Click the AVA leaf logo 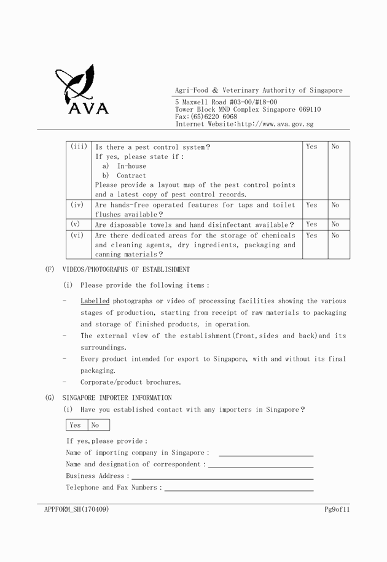click(80, 90)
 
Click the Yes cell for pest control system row click(312, 147)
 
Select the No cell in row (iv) click(335, 205)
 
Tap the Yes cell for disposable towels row click(312, 225)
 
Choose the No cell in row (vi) click(335, 235)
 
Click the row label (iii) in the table click(79, 147)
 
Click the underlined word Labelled click(95, 301)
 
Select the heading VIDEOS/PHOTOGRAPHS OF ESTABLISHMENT click(126, 269)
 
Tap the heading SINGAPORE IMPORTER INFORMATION click(117, 398)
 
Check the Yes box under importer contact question click(76, 425)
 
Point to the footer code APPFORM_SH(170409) click(77, 509)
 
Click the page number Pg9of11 click(337, 509)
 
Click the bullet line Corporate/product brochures click(130, 382)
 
